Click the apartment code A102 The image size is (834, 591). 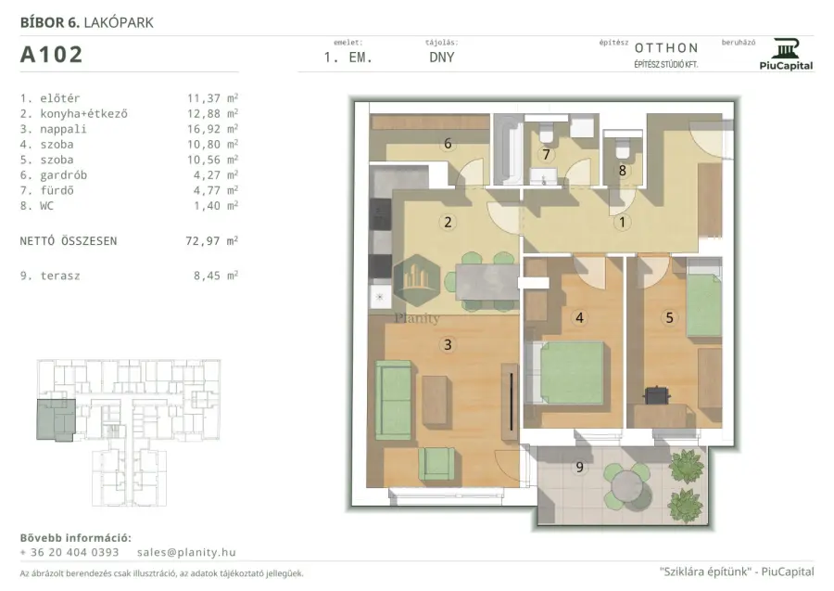(x=52, y=55)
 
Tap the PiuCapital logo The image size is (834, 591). (x=786, y=55)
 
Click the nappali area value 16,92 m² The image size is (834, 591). (x=212, y=129)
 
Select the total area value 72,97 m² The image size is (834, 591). (x=211, y=240)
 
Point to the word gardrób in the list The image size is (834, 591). (x=63, y=175)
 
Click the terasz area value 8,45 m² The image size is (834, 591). (x=215, y=276)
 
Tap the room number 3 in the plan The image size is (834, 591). (x=448, y=344)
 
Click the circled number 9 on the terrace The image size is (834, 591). (x=579, y=467)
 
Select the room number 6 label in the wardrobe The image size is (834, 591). (x=448, y=143)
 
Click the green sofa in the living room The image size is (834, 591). (x=394, y=400)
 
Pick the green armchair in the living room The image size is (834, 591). (x=436, y=463)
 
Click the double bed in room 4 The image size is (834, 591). (x=566, y=373)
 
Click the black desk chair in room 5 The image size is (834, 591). (x=657, y=395)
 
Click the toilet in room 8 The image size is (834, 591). (x=623, y=147)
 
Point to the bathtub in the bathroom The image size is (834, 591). (x=506, y=150)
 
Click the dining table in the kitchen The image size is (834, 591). (x=486, y=282)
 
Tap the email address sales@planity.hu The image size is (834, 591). (x=186, y=552)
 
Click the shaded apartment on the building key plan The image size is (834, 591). (x=56, y=419)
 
